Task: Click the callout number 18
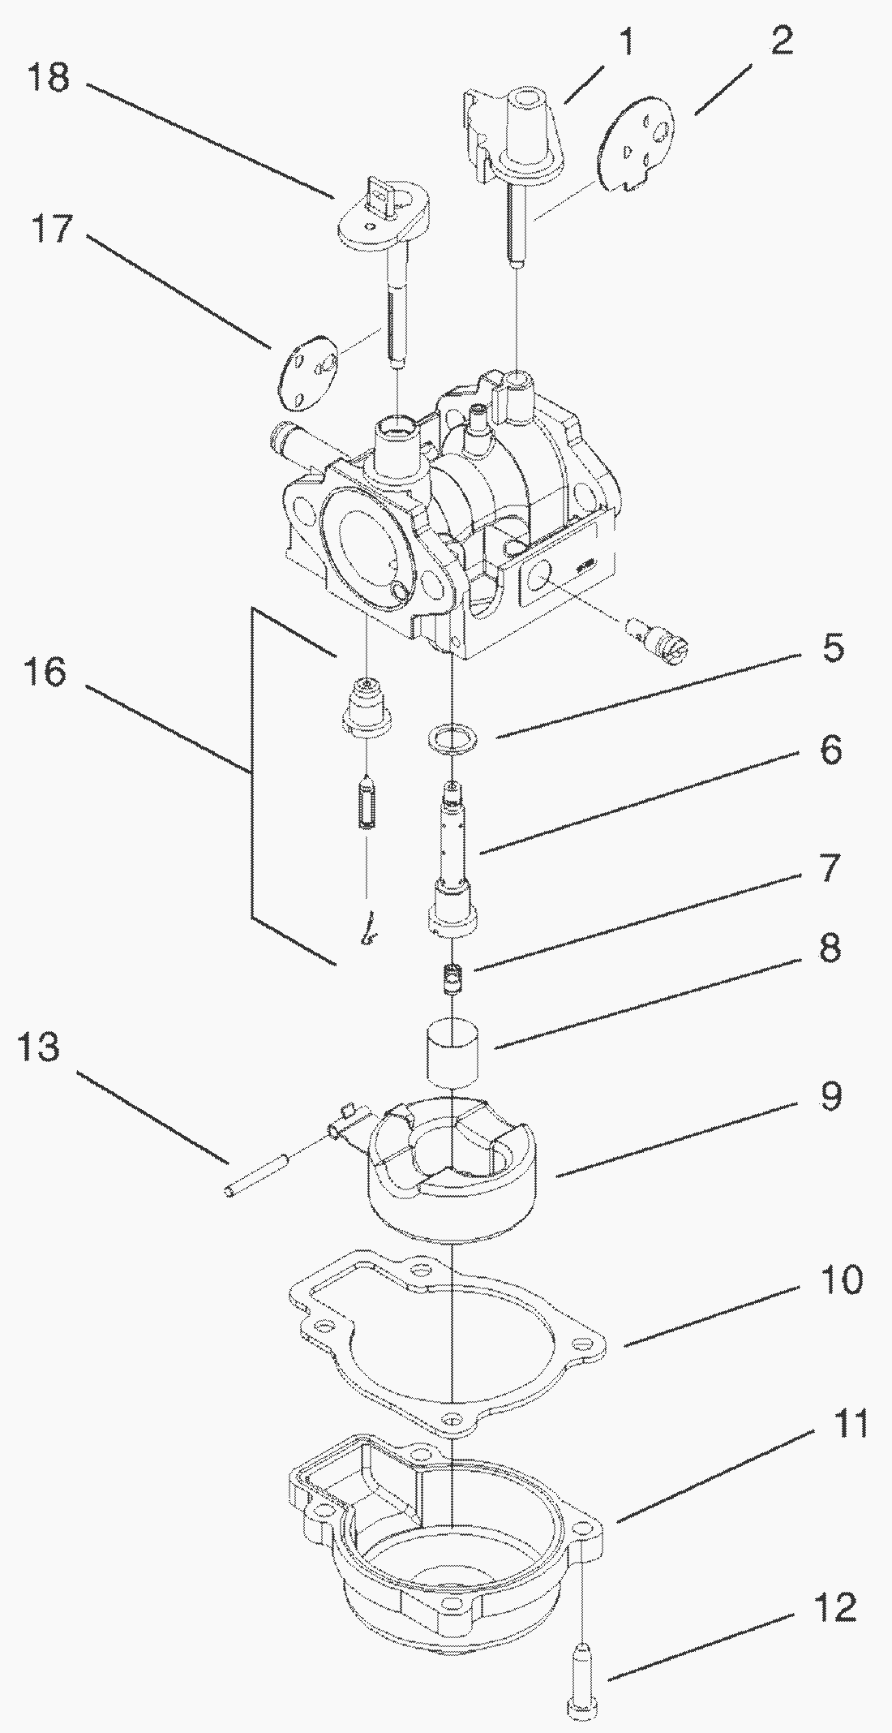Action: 49,79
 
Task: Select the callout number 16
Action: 48,672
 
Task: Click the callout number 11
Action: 850,1447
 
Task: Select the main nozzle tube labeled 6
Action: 452,860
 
